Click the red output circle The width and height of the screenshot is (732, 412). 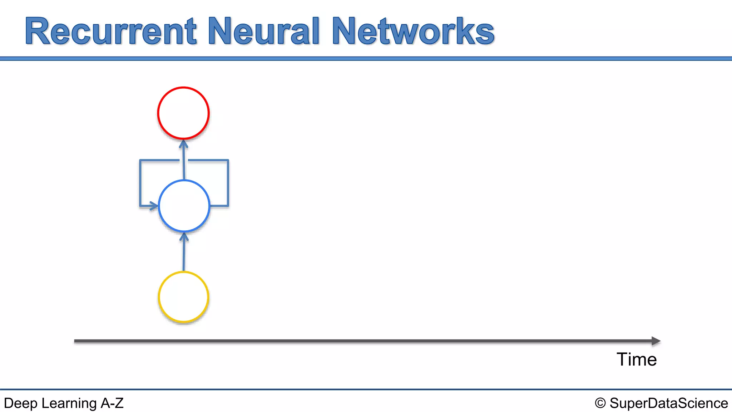pyautogui.click(x=183, y=113)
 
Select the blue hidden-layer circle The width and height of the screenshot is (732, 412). pyautogui.click(x=184, y=206)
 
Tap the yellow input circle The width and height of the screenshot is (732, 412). pyautogui.click(x=183, y=297)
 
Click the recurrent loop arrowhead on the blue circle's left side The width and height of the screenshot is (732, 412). pyautogui.click(x=154, y=206)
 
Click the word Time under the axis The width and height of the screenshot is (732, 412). pyautogui.click(x=637, y=359)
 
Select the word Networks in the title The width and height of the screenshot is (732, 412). pyautogui.click(x=413, y=31)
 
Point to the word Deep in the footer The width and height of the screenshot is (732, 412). pyautogui.click(x=20, y=403)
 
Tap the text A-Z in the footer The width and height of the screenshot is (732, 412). pyautogui.click(x=112, y=403)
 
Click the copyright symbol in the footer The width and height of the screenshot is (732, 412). pyautogui.click(x=600, y=403)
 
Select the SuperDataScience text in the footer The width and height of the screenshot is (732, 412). pyautogui.click(x=668, y=403)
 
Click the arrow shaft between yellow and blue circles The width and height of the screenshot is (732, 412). pyautogui.click(x=184, y=256)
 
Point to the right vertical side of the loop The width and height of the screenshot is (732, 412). pyautogui.click(x=228, y=182)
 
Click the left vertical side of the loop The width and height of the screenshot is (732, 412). pyautogui.click(x=140, y=182)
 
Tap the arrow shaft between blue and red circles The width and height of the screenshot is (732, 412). pyautogui.click(x=184, y=163)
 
